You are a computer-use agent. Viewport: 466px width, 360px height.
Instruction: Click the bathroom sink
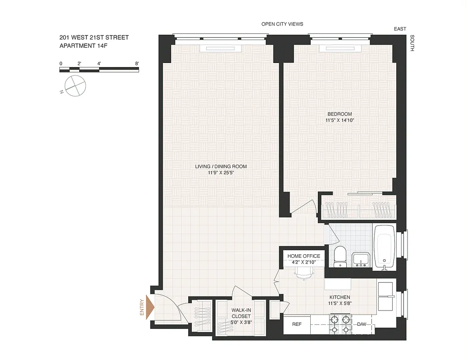pyautogui.click(x=361, y=260)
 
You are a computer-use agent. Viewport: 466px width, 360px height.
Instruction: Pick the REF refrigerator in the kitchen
pyautogui.click(x=297, y=324)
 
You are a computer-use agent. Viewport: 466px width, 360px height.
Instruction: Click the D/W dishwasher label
pyautogui.click(x=362, y=324)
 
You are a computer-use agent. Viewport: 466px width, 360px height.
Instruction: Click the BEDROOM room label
pyautogui.click(x=340, y=114)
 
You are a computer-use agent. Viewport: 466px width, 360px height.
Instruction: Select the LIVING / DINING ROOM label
pyautogui.click(x=221, y=166)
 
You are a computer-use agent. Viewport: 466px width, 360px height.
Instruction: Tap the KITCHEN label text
pyautogui.click(x=339, y=297)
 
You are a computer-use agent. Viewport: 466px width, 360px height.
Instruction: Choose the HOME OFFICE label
pyautogui.click(x=304, y=256)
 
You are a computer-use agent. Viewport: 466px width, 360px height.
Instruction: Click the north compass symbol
pyautogui.click(x=74, y=85)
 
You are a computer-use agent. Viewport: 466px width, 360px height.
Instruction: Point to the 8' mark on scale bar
pyautogui.click(x=136, y=63)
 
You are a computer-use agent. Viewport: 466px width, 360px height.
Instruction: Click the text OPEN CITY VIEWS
pyautogui.click(x=282, y=24)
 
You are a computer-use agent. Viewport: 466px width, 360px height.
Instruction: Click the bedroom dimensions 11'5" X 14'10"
pyautogui.click(x=340, y=120)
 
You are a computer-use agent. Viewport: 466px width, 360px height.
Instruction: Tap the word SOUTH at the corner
pyautogui.click(x=412, y=44)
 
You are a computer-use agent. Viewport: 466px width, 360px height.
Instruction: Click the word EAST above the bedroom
pyautogui.click(x=400, y=29)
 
